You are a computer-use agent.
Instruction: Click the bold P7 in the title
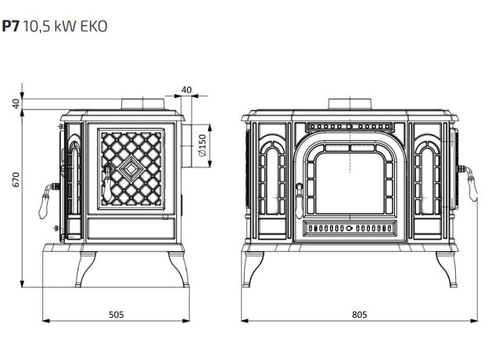click(11, 26)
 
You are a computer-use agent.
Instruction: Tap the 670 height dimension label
click(16, 179)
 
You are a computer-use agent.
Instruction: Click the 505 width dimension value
click(116, 315)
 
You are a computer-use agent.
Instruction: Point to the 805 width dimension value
click(360, 315)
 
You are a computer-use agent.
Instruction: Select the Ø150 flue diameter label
click(203, 146)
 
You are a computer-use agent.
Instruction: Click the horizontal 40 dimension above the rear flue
click(186, 90)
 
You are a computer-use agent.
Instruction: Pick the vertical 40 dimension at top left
click(16, 103)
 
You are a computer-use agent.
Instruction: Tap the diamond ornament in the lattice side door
click(131, 168)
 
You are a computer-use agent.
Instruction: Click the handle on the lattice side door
click(107, 184)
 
